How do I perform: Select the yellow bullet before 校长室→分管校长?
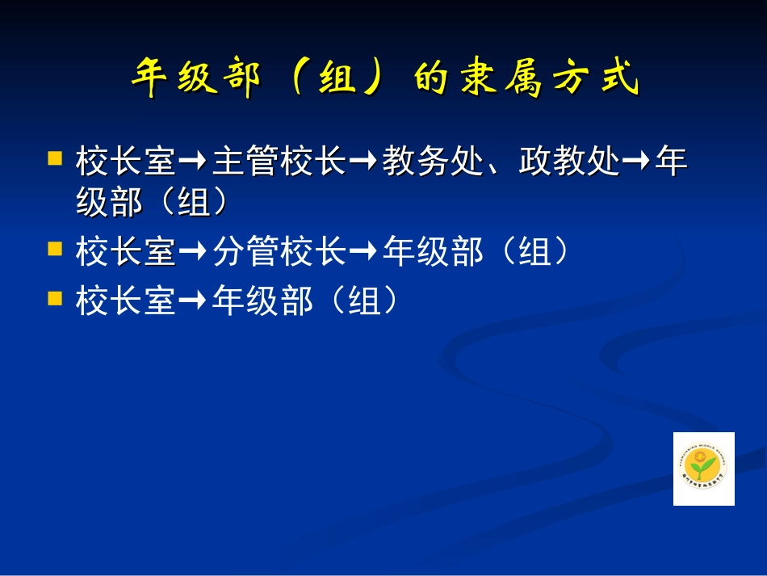(x=55, y=247)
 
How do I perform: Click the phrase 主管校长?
(x=279, y=162)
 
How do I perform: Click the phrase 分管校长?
(x=279, y=253)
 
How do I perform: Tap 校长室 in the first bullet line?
(x=126, y=162)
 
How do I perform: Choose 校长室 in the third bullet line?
(x=126, y=302)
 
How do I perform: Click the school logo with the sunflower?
(x=704, y=469)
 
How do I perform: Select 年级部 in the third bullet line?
(x=262, y=302)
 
